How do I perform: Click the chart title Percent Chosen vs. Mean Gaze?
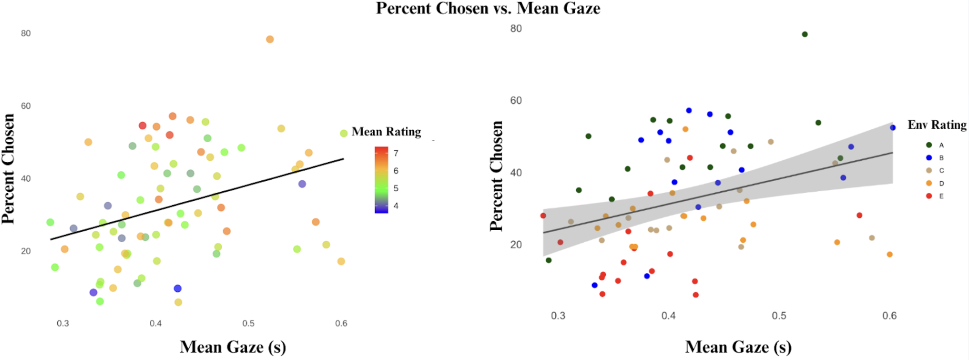pyautogui.click(x=488, y=8)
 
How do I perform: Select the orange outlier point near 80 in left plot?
pyautogui.click(x=270, y=39)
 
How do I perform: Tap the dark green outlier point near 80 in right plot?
pyautogui.click(x=805, y=35)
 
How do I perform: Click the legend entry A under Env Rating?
pyautogui.click(x=941, y=145)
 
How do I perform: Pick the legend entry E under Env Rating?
pyautogui.click(x=941, y=196)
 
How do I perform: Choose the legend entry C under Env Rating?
pyautogui.click(x=941, y=171)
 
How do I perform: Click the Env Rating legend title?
pyautogui.click(x=937, y=125)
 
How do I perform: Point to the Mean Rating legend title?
pyautogui.click(x=386, y=132)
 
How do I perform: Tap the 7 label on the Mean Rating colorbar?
pyautogui.click(x=396, y=153)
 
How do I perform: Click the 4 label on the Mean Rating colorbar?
pyautogui.click(x=396, y=206)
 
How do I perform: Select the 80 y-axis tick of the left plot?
pyautogui.click(x=26, y=33)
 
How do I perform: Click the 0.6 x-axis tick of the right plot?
pyautogui.click(x=889, y=316)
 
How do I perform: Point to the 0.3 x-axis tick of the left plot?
pyautogui.click(x=63, y=324)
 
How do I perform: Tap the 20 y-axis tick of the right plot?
pyautogui.click(x=516, y=245)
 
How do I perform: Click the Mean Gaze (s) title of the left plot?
pyautogui.click(x=233, y=347)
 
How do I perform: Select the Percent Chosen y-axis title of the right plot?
pyautogui.click(x=497, y=176)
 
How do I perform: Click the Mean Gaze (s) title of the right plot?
pyautogui.click(x=738, y=347)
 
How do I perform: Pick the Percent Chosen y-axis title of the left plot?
pyautogui.click(x=8, y=169)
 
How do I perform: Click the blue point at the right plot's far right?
pyautogui.click(x=893, y=128)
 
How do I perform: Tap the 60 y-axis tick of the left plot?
pyautogui.click(x=26, y=106)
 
